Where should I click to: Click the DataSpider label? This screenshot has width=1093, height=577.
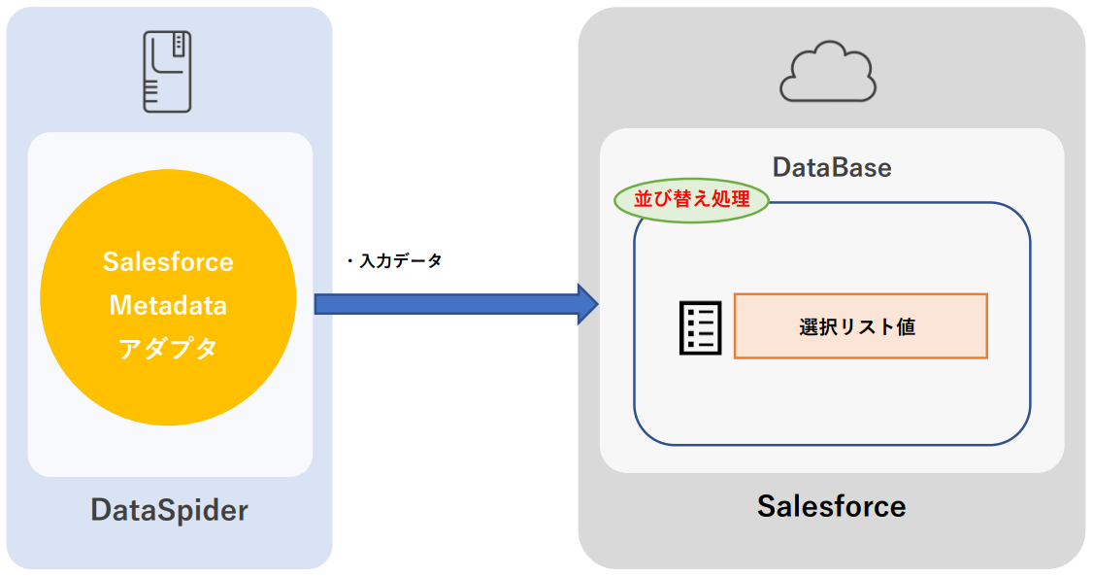[x=169, y=510]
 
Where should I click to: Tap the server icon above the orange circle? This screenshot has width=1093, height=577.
[x=167, y=71]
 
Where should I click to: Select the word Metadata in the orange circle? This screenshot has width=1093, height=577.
[x=168, y=305]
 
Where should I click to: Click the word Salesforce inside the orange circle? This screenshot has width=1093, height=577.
[x=168, y=261]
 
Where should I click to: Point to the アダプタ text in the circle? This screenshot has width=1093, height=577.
[x=168, y=349]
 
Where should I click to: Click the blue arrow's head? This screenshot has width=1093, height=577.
[x=587, y=304]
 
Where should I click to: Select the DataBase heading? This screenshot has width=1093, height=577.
[x=832, y=167]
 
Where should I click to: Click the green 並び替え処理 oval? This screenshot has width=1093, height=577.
[x=692, y=200]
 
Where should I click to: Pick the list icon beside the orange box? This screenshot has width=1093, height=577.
[x=699, y=327]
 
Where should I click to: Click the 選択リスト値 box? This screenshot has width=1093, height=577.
[x=860, y=326]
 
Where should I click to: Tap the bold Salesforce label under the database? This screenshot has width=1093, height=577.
[x=831, y=506]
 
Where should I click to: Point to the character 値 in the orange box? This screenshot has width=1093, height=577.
[x=906, y=327]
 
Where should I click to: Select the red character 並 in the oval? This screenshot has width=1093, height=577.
[x=644, y=200]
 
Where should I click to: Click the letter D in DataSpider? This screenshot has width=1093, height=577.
[x=100, y=510]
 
